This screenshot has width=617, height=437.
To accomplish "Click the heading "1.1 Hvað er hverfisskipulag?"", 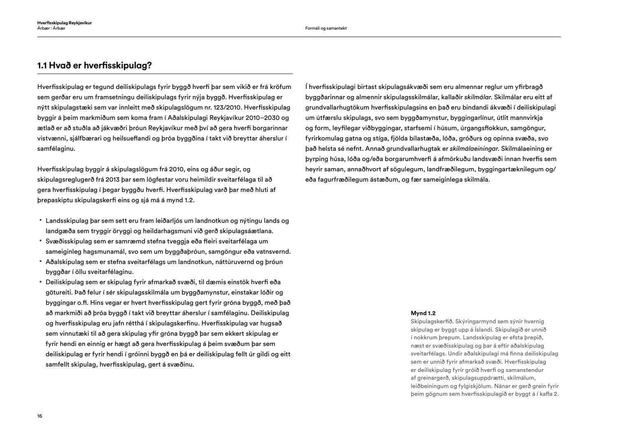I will (95, 65).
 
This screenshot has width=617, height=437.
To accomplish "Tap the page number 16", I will (40, 416).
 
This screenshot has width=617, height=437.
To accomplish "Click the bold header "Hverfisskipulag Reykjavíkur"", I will (64, 23).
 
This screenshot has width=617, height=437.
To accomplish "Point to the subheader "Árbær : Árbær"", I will (51, 28).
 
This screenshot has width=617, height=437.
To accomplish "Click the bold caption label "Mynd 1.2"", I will (423, 313).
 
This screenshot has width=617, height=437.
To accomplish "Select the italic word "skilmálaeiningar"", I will (474, 149).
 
